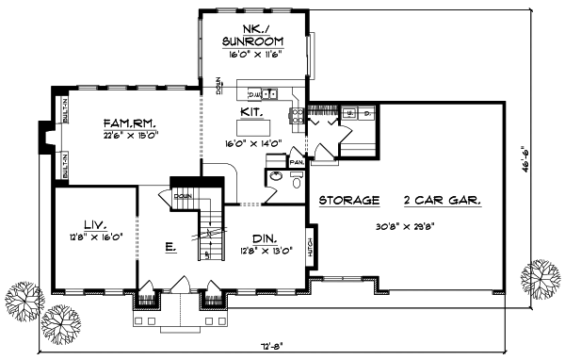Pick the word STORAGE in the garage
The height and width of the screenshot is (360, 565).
coord(348,200)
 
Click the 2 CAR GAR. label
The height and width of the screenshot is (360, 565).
coord(441,200)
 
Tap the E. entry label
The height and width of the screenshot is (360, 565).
coord(170,248)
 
